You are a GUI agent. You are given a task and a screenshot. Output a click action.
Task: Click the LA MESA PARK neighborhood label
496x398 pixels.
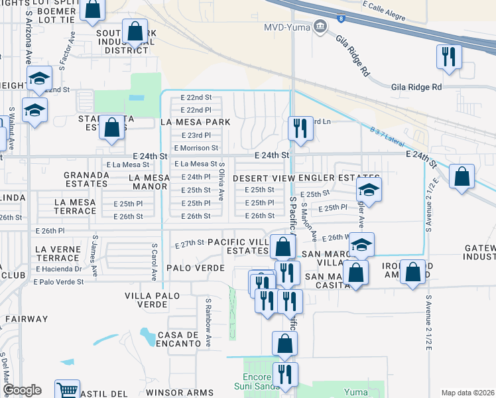(196, 122)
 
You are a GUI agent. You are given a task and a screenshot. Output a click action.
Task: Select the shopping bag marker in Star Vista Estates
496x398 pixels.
(111, 127)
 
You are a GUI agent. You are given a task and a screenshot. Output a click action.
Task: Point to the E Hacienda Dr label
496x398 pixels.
(59, 269)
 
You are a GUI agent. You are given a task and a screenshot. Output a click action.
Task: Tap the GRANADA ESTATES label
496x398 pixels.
(86, 180)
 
